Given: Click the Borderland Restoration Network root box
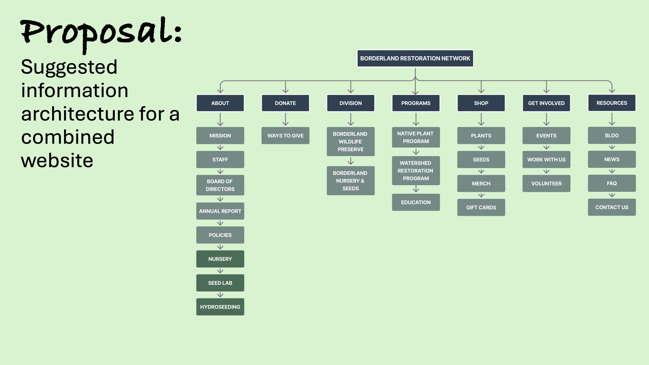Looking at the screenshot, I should (x=415, y=58).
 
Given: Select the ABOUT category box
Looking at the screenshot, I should (x=220, y=103).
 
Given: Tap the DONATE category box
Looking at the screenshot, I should (x=285, y=103).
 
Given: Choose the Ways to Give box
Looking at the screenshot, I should (x=285, y=135).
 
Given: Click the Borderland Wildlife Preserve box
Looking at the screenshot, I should (x=350, y=141).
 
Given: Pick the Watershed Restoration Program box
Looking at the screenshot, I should (x=416, y=171).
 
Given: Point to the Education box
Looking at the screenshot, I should (x=416, y=202).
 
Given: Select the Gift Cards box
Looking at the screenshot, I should (x=481, y=207).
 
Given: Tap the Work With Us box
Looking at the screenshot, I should (x=546, y=160).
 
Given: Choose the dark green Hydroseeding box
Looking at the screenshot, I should (x=220, y=307).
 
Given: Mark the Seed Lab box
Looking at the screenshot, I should (x=220, y=283).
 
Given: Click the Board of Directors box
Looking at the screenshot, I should (x=220, y=185).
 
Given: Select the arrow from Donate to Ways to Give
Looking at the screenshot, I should (x=285, y=119).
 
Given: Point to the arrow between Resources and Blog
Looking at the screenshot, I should (x=612, y=119).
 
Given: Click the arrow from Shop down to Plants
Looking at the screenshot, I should (x=481, y=119).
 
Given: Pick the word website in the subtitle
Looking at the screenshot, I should (x=57, y=160).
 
